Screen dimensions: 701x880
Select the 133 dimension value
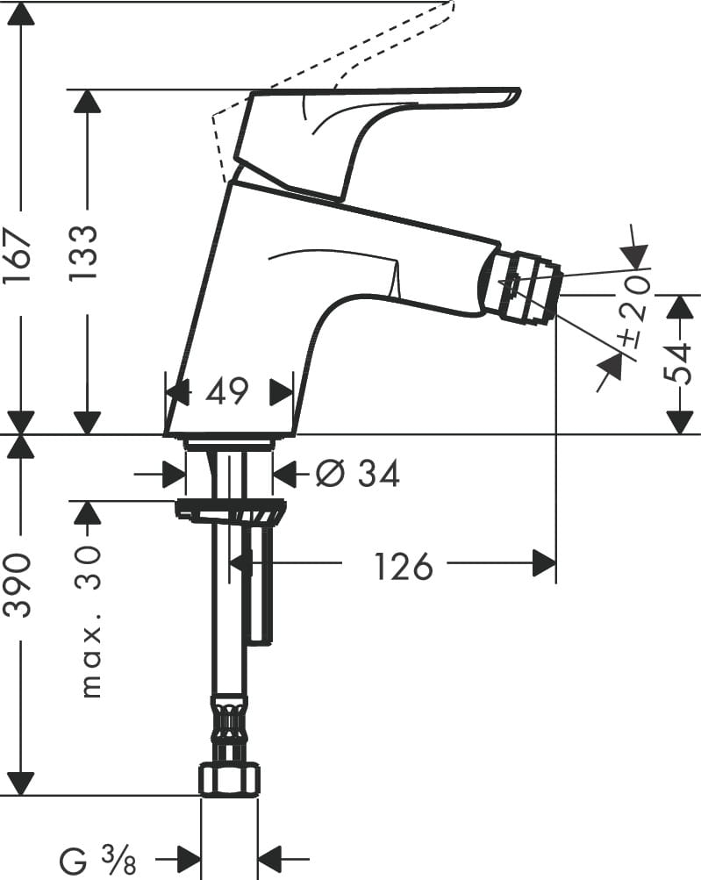tap(84, 252)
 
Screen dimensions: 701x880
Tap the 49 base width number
tap(226, 391)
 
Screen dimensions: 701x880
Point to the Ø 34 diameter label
tap(357, 473)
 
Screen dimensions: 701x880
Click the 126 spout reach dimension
tap(404, 566)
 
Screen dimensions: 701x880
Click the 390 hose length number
tap(20, 585)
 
